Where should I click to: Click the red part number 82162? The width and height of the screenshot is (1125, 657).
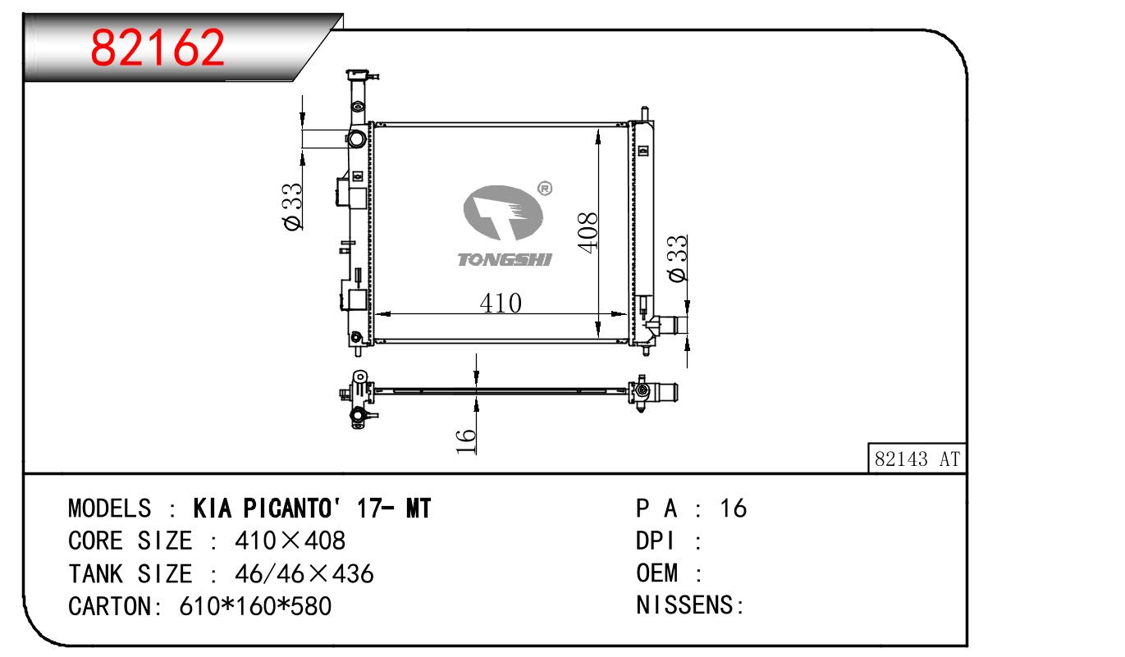[x=158, y=48]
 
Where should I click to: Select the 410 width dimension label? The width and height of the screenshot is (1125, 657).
[x=501, y=303]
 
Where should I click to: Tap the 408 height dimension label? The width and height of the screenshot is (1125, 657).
[x=588, y=232]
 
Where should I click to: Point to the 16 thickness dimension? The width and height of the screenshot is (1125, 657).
[x=465, y=441]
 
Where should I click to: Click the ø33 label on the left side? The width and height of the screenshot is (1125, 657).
[x=293, y=206]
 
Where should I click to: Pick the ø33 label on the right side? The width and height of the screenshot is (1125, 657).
[x=678, y=258]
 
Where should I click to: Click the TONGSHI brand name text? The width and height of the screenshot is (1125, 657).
[x=505, y=259]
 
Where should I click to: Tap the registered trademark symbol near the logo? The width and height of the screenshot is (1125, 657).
[x=545, y=188]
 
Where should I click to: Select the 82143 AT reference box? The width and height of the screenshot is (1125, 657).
[x=917, y=459]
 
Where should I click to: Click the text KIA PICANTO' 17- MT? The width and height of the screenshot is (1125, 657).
[x=312, y=509]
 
